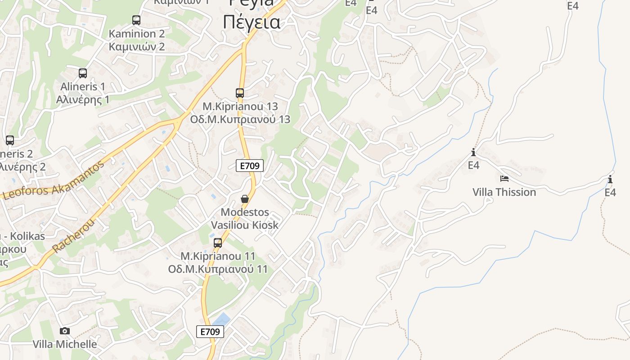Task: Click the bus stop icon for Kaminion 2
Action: click(136, 20)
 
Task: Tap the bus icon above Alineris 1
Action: click(83, 73)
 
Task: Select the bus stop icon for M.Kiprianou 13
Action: click(240, 93)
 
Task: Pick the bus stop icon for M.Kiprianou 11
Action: click(218, 243)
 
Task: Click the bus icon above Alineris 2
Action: click(10, 140)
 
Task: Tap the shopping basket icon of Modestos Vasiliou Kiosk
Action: click(245, 199)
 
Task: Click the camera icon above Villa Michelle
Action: click(65, 331)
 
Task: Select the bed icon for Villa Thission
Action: click(504, 179)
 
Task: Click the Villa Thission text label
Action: click(504, 192)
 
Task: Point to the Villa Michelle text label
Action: click(65, 344)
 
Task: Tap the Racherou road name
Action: click(74, 236)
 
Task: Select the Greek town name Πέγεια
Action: click(252, 22)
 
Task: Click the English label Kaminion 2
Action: click(137, 33)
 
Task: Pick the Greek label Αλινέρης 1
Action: click(83, 99)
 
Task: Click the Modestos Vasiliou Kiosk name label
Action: click(245, 218)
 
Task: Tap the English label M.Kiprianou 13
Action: click(240, 106)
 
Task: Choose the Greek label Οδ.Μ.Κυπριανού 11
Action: click(218, 269)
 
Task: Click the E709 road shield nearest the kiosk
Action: click(250, 166)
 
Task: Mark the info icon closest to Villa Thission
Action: click(473, 152)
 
